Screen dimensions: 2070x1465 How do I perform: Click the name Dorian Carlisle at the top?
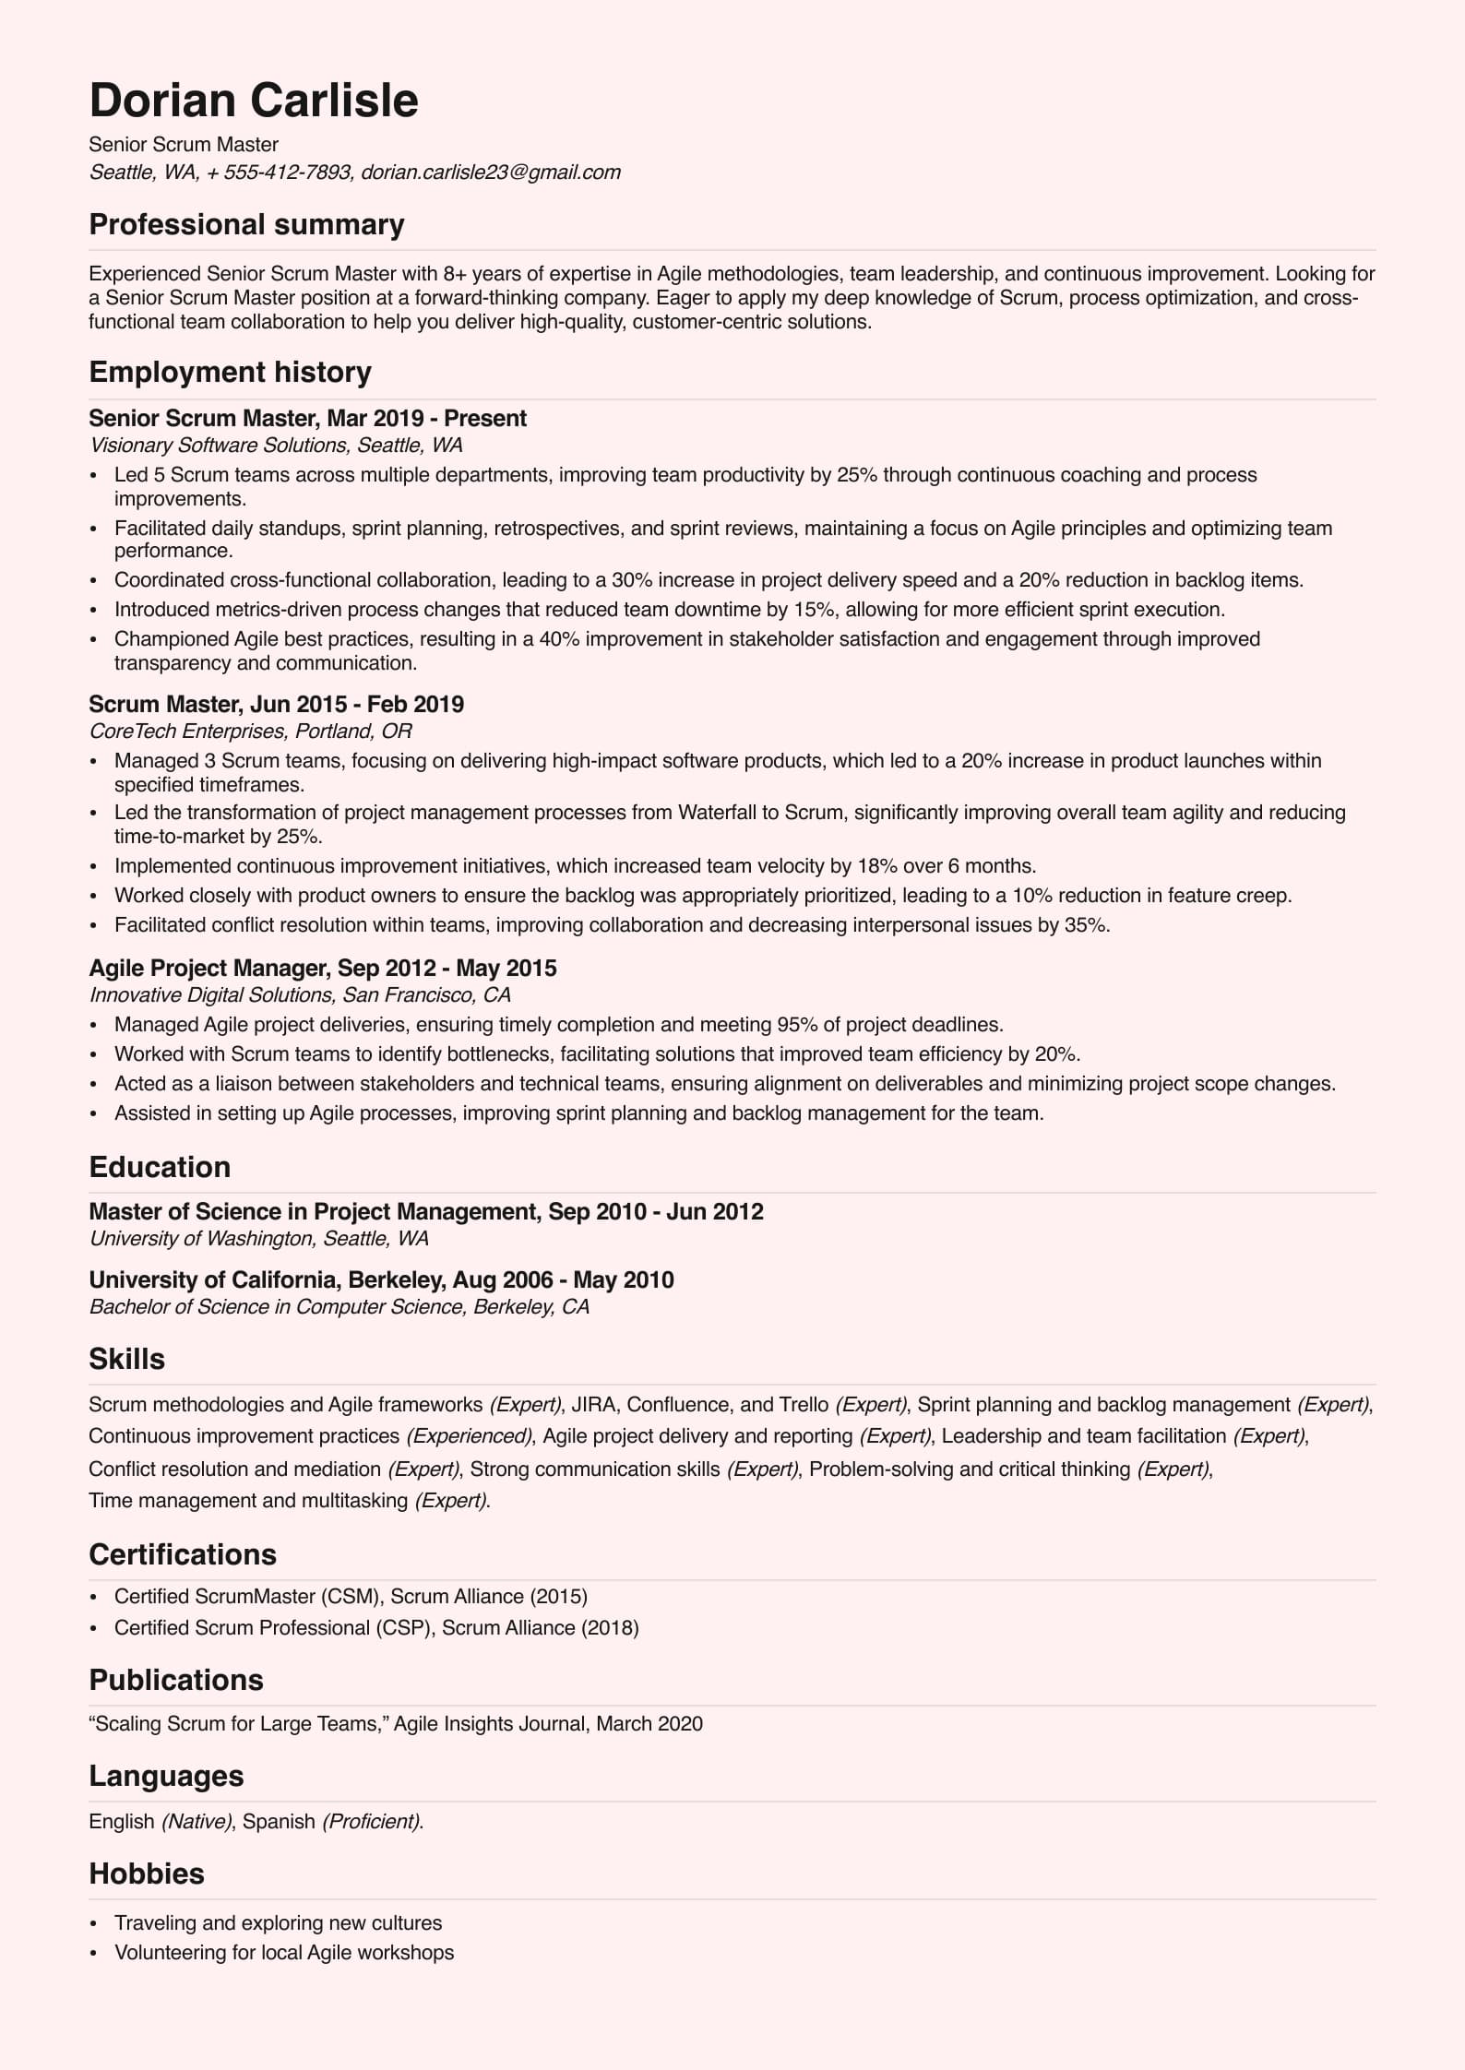[x=254, y=101]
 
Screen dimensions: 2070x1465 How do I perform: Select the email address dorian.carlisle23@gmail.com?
[x=490, y=172]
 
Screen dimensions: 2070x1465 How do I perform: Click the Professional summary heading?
[x=246, y=225]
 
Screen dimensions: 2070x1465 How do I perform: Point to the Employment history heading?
[x=230, y=372]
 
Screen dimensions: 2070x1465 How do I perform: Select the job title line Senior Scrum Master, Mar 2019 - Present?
[x=307, y=418]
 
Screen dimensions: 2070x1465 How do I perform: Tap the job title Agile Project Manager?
[x=208, y=968]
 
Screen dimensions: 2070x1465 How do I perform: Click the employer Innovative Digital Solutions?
[x=210, y=995]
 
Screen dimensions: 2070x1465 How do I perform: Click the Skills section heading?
[x=126, y=1359]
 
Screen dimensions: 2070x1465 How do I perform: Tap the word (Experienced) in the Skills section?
[x=470, y=1436]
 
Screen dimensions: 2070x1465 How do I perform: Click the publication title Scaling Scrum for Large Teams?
[x=237, y=1724]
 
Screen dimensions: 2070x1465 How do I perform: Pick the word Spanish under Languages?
[x=279, y=1822]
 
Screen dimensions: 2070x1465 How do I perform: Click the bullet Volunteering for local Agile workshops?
[x=283, y=1953]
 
